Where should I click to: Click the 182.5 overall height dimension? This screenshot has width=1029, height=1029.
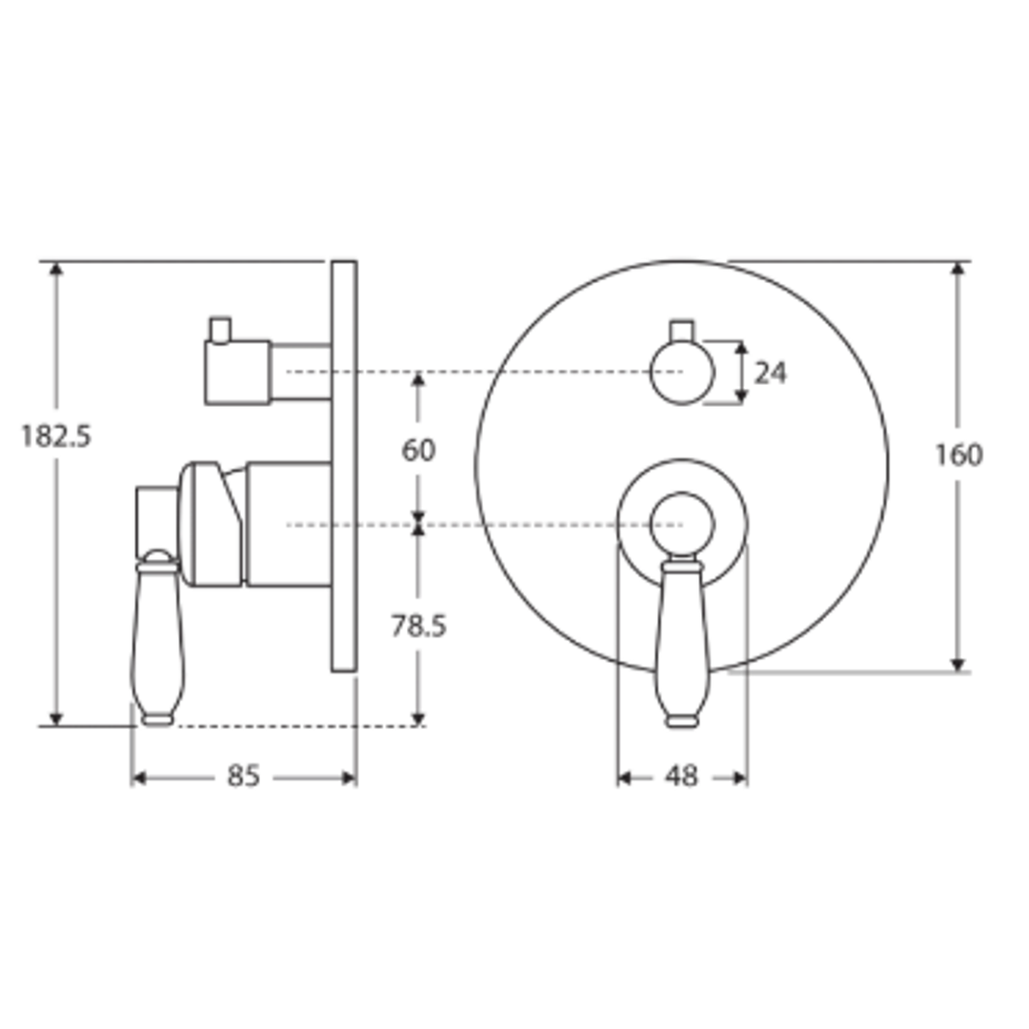coord(56,436)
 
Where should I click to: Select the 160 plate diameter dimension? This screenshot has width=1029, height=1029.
coord(958,455)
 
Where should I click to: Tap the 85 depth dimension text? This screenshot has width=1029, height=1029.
coord(243,777)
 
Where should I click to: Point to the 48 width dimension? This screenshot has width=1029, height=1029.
coord(681,777)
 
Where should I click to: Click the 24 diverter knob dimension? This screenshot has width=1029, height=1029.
coord(770,373)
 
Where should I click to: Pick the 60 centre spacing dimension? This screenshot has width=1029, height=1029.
coord(417,450)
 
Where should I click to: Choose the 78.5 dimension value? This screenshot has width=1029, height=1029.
coord(417,626)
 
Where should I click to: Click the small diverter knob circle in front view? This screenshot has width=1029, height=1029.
coord(681,373)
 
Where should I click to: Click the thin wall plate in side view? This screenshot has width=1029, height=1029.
coord(343,467)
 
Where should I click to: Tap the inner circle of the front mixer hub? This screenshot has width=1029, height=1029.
coord(681,524)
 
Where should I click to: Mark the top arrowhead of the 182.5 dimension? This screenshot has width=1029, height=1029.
coord(56,269)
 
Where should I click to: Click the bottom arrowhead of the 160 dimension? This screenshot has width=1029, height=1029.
coord(958,664)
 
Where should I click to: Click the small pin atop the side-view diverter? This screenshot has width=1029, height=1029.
coord(220,329)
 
